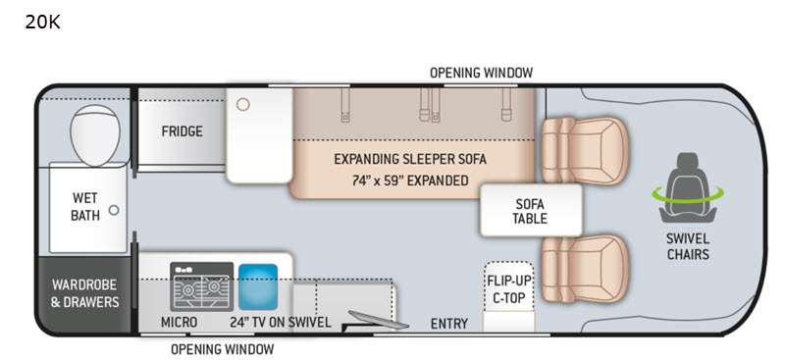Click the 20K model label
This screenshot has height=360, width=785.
42,22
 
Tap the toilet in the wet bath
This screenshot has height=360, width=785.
95,133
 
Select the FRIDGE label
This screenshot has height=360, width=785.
183,131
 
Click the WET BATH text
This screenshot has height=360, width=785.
85,206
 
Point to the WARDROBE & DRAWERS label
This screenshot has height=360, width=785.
85,293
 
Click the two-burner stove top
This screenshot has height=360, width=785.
201,286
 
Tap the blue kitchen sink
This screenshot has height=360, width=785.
258,286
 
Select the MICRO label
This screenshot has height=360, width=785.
179,323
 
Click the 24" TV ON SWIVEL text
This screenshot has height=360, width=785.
281,323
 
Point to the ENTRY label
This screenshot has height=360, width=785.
449,324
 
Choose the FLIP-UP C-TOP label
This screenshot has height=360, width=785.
508,289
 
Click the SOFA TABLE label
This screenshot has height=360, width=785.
530,211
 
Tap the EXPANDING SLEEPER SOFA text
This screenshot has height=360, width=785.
410,159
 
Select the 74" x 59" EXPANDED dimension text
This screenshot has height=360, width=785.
410,180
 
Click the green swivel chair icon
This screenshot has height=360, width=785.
688,188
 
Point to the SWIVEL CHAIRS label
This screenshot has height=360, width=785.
688,246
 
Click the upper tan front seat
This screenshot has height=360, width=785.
583,151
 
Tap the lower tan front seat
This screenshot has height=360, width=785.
583,269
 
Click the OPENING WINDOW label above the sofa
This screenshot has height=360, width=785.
481,74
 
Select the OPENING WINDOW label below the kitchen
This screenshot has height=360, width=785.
223,349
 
